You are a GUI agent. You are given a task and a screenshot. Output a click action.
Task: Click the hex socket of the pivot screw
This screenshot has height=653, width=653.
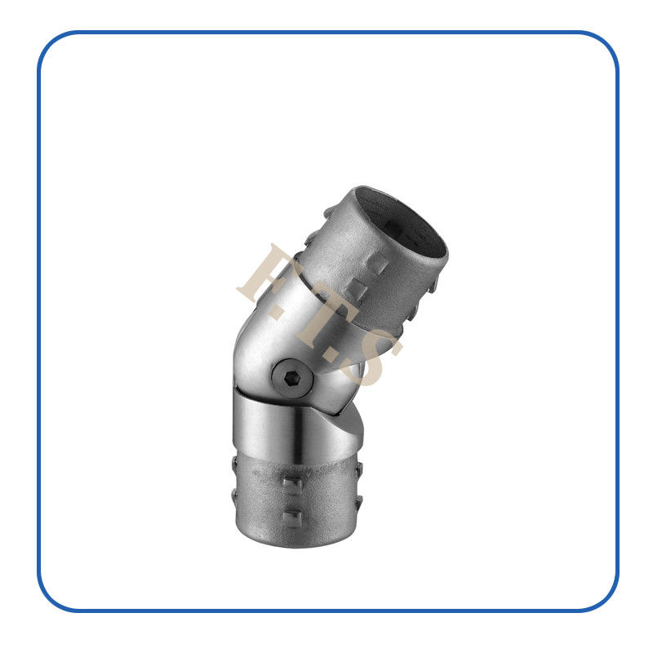(x=292, y=378)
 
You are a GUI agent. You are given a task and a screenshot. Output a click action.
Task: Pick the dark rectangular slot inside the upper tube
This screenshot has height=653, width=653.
(x=393, y=226)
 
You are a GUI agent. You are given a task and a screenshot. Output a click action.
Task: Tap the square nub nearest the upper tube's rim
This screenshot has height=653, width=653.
(x=376, y=264)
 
